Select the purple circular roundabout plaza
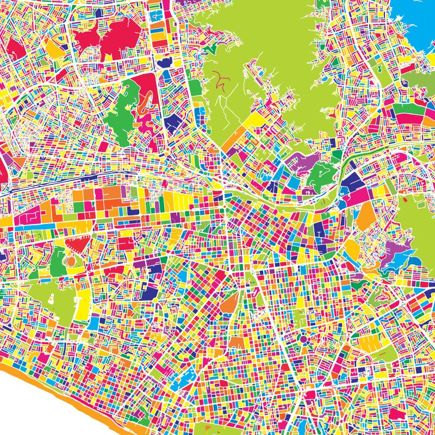click(303, 339)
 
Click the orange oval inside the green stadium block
click(71, 262)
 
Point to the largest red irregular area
click(106, 38)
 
